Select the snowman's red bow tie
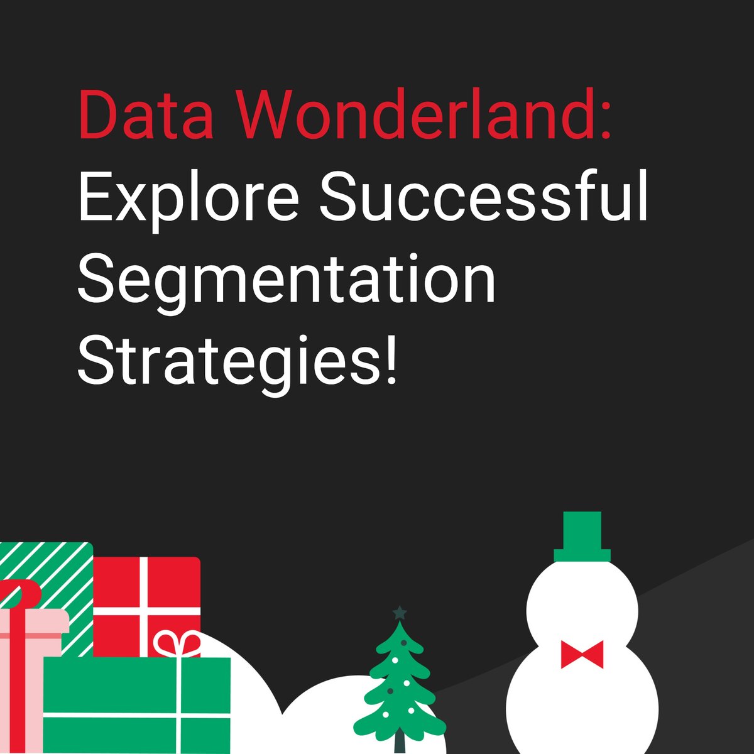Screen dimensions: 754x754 pyautogui.click(x=582, y=654)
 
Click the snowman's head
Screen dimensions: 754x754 pyautogui.click(x=582, y=603)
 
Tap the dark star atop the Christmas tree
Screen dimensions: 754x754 pyautogui.click(x=400, y=612)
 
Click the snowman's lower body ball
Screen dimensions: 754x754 pyautogui.click(x=582, y=704)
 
